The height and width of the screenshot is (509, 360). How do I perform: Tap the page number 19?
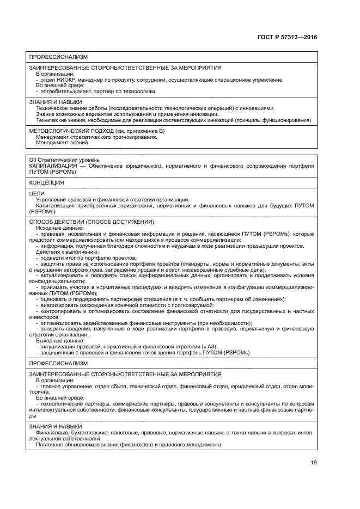point(313,463)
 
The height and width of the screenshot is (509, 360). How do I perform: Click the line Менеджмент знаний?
point(60,143)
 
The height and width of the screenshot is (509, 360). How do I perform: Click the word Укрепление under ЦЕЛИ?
point(52,200)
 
